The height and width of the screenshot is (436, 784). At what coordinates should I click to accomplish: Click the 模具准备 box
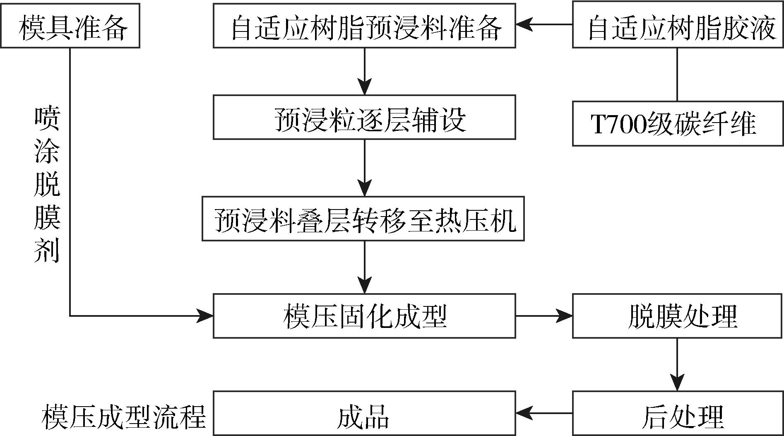click(x=70, y=26)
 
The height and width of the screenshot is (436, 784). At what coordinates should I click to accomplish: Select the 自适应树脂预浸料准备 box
click(x=364, y=26)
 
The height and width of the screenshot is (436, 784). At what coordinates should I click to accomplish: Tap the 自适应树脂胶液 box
click(x=678, y=26)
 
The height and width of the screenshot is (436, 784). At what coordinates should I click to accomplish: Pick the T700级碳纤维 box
click(x=678, y=123)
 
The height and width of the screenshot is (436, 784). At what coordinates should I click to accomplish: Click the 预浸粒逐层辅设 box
click(x=364, y=117)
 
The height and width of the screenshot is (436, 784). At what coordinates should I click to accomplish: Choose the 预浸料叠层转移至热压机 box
click(x=363, y=219)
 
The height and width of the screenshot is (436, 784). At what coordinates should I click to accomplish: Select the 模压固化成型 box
click(x=364, y=316)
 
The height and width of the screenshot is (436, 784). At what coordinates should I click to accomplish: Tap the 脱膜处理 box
click(x=678, y=316)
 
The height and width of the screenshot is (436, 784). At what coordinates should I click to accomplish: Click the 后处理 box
click(x=678, y=413)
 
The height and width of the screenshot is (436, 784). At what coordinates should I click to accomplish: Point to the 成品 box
click(x=364, y=413)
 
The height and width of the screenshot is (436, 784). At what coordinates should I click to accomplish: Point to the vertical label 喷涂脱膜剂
click(x=47, y=184)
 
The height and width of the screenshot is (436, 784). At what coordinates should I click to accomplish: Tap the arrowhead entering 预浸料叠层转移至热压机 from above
click(x=365, y=189)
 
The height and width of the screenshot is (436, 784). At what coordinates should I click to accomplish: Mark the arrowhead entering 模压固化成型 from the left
click(x=205, y=316)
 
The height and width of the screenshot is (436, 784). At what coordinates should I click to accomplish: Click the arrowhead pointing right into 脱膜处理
click(x=565, y=316)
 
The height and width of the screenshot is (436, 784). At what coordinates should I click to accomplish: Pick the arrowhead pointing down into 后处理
click(x=678, y=383)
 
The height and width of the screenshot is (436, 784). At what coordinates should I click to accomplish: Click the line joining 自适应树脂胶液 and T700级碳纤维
click(x=678, y=75)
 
